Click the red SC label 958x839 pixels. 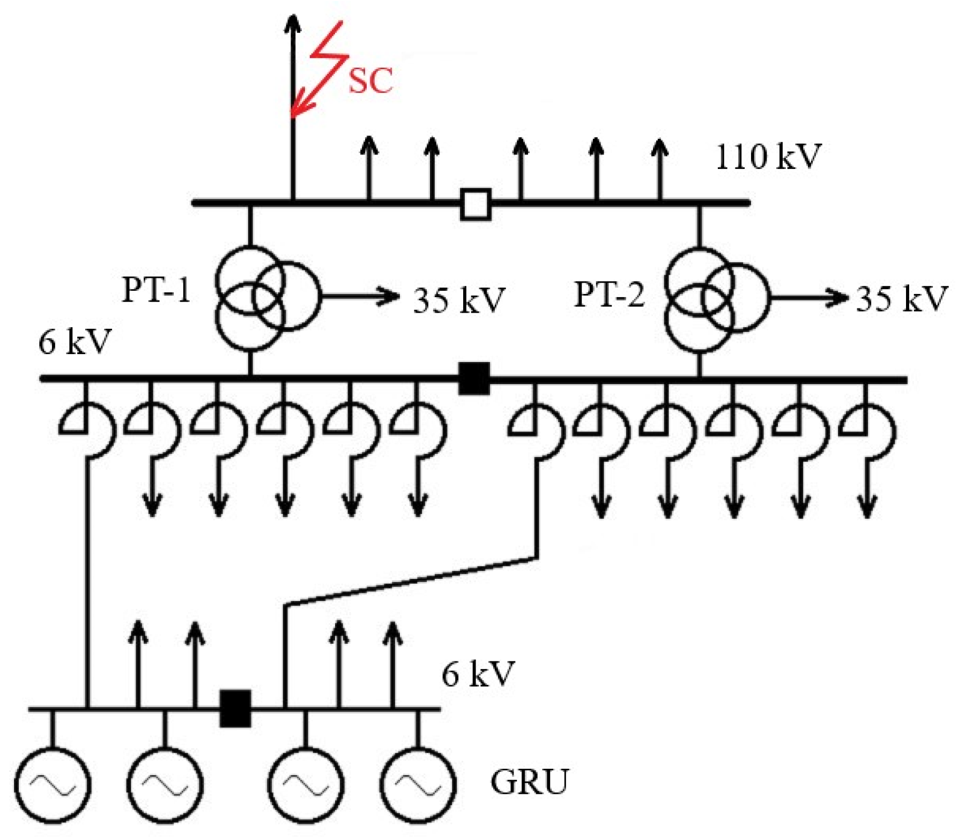click(x=370, y=80)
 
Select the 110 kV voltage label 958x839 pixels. click(x=768, y=157)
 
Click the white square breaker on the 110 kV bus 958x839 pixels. click(x=475, y=204)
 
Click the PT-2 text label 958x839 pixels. click(x=609, y=295)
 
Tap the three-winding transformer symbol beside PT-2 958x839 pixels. click(x=713, y=298)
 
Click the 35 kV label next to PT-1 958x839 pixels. click(x=459, y=300)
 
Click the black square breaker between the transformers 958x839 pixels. click(x=474, y=378)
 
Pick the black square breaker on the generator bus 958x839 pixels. click(x=235, y=709)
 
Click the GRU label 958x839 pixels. click(x=529, y=782)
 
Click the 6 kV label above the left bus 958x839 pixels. click(x=75, y=342)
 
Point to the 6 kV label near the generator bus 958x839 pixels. click(x=478, y=674)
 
